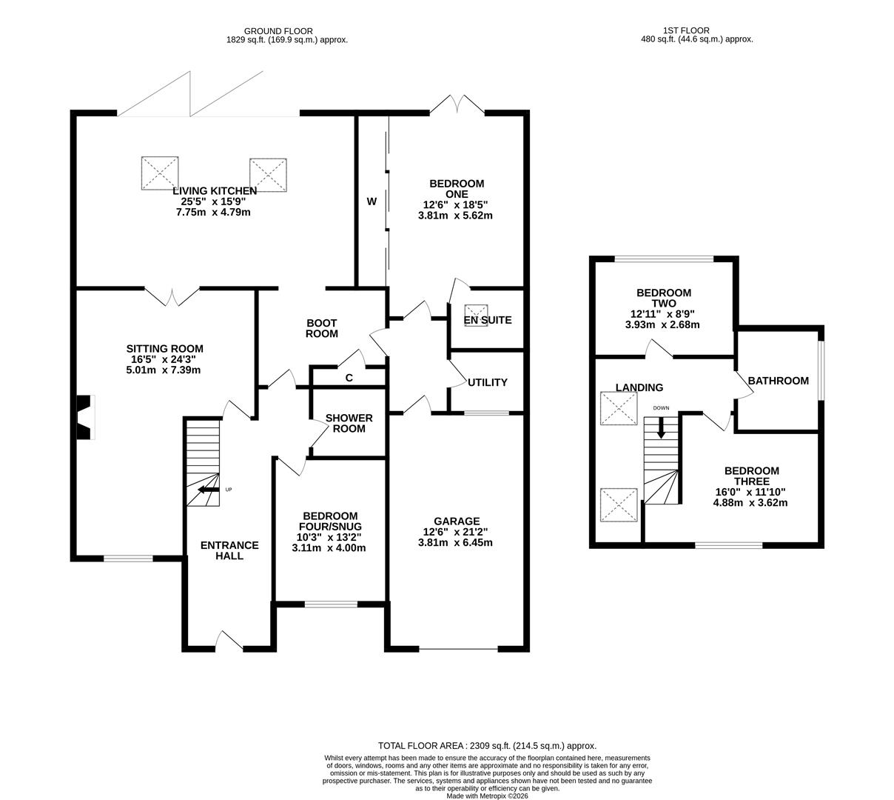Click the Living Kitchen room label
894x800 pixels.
click(215, 191)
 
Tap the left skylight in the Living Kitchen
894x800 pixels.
click(160, 173)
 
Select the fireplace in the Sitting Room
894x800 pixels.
click(84, 417)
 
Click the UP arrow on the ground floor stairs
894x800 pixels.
click(209, 490)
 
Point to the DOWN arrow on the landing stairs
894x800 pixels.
click(661, 427)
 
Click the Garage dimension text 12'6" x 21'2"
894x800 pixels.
click(456, 532)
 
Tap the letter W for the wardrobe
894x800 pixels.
click(372, 201)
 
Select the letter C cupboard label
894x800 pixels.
click(349, 378)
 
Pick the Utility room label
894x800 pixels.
click(488, 382)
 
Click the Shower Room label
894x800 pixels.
click(349, 423)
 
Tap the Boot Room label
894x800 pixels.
click(322, 328)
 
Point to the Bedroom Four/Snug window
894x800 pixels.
click(330, 604)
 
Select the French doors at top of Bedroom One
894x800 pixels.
click(457, 105)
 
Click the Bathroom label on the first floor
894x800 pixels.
click(778, 381)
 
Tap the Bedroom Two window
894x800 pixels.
click(664, 259)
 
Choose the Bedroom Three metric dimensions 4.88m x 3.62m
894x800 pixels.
click(750, 502)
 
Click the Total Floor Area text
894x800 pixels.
click(487, 746)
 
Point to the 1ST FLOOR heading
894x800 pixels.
click(686, 30)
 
